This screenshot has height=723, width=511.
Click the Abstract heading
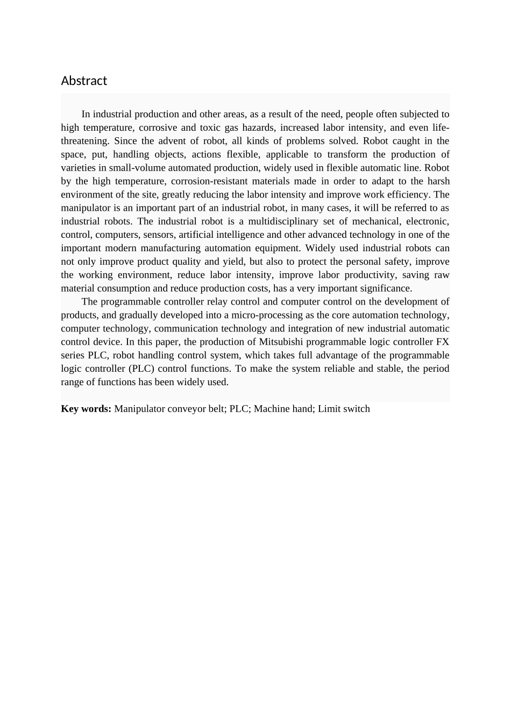pyautogui.click(x=84, y=81)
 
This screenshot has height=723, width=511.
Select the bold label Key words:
pyautogui.click(x=86, y=409)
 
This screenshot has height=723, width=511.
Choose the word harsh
pyautogui.click(x=438, y=181)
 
